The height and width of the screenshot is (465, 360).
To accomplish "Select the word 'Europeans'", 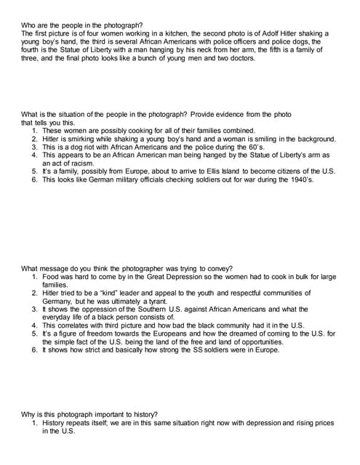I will click(x=184, y=333).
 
